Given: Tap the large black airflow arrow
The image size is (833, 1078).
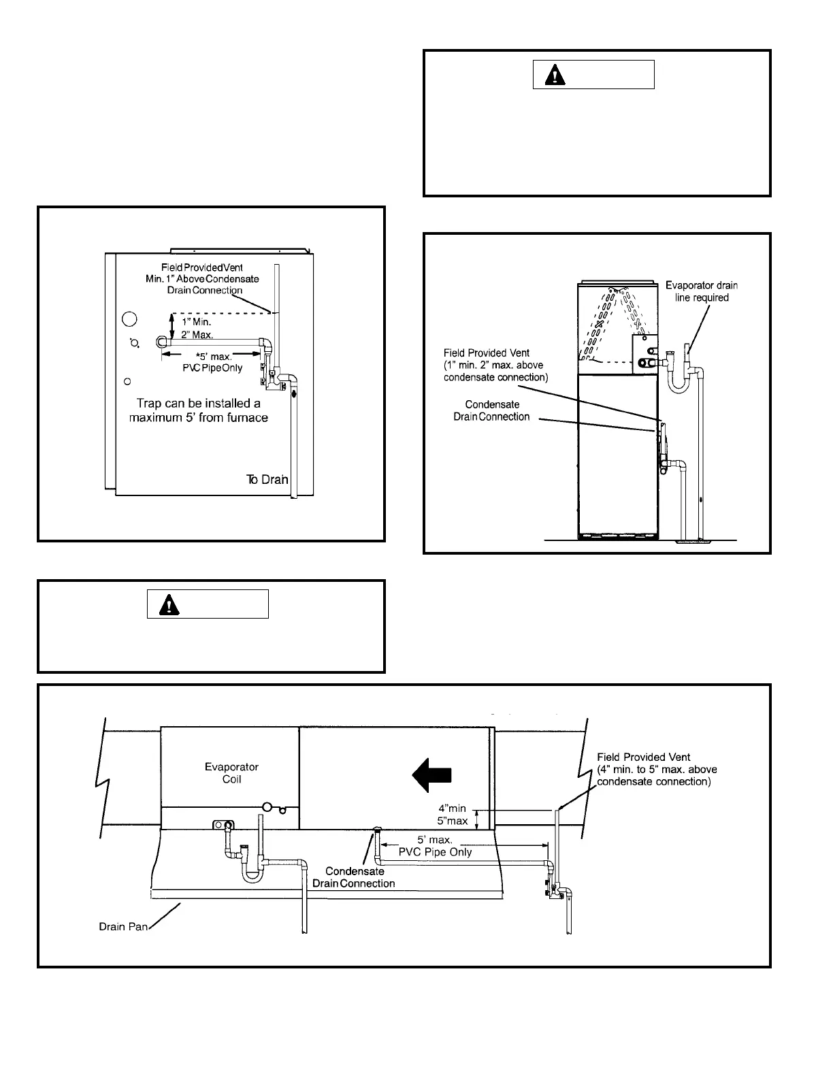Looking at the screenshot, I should click(432, 775).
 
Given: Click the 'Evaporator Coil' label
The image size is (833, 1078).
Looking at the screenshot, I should click(231, 772).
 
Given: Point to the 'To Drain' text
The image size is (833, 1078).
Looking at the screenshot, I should click(267, 480).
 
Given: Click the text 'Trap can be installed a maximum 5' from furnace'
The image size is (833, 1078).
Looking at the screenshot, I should click(199, 410).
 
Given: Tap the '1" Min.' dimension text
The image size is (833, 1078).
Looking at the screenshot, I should click(196, 321).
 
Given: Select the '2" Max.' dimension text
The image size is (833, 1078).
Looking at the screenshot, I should click(197, 335).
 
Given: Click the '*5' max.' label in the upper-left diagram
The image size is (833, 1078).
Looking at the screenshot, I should click(214, 357).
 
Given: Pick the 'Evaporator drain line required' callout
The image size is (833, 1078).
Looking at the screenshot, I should click(701, 291).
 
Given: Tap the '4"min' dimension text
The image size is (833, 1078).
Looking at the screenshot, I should click(452, 808).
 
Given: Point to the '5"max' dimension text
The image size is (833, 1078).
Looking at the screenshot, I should click(452, 821).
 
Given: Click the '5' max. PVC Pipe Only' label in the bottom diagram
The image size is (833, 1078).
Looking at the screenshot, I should click(436, 846).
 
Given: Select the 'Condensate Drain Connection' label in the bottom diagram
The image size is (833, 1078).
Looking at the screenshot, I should click(353, 877).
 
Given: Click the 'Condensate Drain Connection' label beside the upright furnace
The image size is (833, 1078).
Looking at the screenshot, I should click(491, 410).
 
